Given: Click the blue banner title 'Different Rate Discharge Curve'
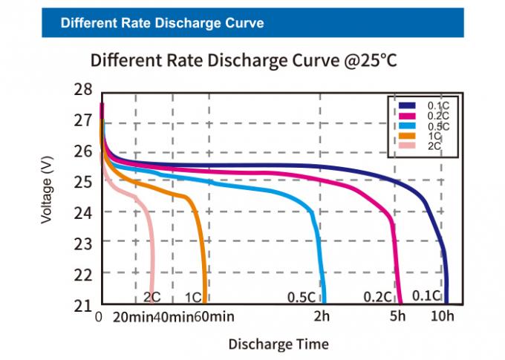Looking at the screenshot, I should tap(162, 23).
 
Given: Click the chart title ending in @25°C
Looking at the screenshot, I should tap(244, 60).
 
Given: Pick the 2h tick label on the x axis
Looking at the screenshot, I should tap(322, 318).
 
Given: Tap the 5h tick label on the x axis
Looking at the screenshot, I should tap(398, 318).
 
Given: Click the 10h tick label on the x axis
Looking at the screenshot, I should tap(443, 318).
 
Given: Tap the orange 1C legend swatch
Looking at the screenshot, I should tap(407, 137).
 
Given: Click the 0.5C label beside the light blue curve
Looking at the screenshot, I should tap(302, 297).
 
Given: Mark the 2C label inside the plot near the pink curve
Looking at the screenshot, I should tap(151, 297).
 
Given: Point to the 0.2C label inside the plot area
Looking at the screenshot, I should tap(377, 297).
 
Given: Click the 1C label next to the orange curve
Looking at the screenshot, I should tap(192, 297).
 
